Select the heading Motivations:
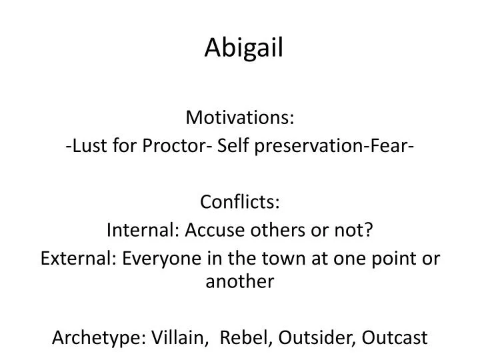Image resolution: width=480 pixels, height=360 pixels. tap(240, 118)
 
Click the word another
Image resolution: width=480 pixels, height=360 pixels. tap(240, 282)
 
